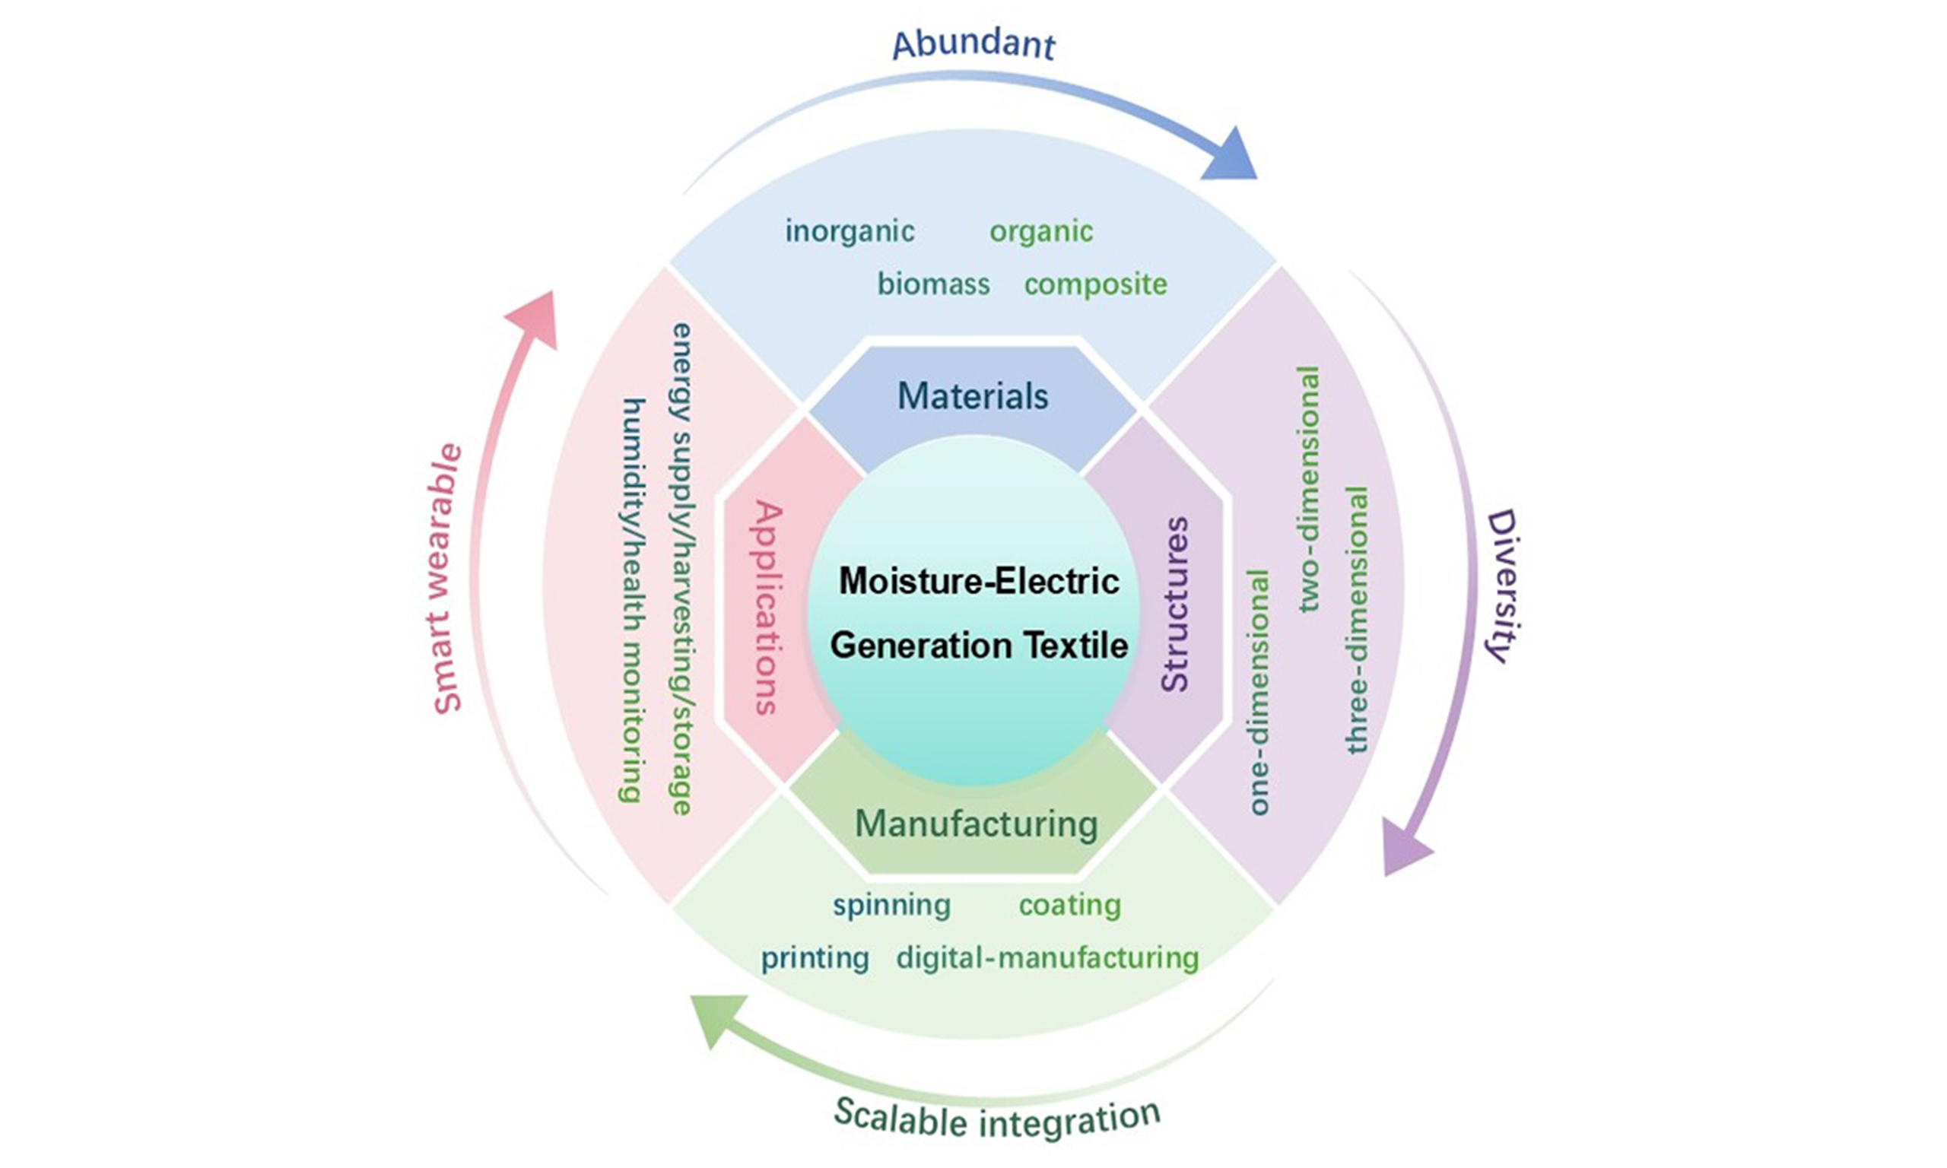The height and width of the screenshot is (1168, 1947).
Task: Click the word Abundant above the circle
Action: click(973, 44)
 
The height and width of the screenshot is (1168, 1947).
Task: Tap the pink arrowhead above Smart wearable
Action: click(536, 315)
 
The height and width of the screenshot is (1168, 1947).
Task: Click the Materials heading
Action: click(973, 396)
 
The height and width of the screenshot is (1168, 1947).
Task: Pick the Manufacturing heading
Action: click(976, 824)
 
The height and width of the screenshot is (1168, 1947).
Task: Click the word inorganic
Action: click(850, 231)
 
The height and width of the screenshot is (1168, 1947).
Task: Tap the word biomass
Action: click(933, 284)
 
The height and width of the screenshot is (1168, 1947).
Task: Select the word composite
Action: click(1095, 284)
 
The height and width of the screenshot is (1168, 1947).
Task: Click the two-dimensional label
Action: click(1307, 489)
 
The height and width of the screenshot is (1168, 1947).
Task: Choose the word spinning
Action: click(891, 906)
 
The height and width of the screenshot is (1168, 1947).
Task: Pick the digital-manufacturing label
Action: click(1047, 958)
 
